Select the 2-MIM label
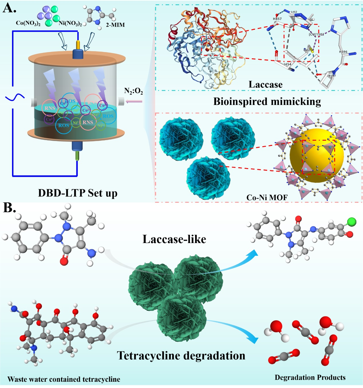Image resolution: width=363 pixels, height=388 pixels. [x=115, y=25]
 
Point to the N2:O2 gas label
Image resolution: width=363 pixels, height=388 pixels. [x=133, y=91]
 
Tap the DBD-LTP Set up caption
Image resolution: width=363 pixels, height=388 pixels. [x=78, y=193]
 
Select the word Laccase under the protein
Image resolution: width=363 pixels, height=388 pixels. [x=265, y=85]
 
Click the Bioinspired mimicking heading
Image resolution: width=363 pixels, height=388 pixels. [x=267, y=102]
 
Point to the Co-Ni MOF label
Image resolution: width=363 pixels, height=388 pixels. [x=267, y=197]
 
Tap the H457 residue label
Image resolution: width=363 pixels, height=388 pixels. [x=277, y=19]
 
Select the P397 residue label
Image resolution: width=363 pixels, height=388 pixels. [x=332, y=76]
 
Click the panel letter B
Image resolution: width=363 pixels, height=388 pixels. [x=9, y=208]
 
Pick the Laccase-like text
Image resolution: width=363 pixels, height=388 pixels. [x=174, y=239]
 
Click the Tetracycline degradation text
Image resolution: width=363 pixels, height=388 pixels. [x=181, y=356]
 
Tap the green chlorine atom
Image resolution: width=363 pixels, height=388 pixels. [x=352, y=222]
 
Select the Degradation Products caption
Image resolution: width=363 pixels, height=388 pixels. [x=310, y=377]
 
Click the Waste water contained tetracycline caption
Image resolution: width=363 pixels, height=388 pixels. [x=64, y=379]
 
